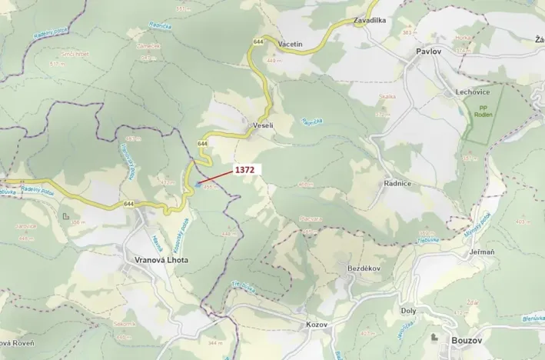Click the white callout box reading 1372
[x=245, y=169]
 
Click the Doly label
[x=408, y=311]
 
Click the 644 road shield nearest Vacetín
[x=257, y=42]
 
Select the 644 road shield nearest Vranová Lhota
[x=127, y=204]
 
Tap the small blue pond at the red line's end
[x=198, y=184]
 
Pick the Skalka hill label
[x=387, y=97]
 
